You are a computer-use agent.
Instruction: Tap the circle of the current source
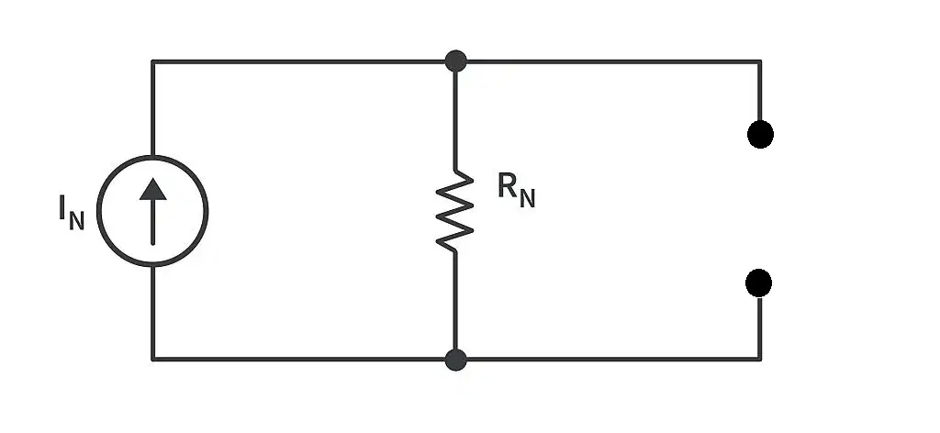97,211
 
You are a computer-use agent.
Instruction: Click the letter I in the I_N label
62,207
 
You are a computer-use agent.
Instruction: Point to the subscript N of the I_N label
77,221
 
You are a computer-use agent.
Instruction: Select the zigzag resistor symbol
455,210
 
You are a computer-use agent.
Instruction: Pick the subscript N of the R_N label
528,199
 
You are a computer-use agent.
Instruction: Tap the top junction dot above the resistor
455,61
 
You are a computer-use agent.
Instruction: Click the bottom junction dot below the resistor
455,360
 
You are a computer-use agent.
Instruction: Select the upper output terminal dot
760,134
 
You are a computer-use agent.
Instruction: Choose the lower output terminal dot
758,283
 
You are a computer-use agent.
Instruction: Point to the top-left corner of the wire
153,61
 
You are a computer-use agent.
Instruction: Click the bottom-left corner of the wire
153,360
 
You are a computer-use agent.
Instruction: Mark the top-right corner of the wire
760,61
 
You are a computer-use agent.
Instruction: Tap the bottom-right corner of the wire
760,360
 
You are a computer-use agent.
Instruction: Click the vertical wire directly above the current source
153,108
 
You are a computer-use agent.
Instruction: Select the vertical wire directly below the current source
153,313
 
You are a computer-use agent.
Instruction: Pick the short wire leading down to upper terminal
760,91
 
